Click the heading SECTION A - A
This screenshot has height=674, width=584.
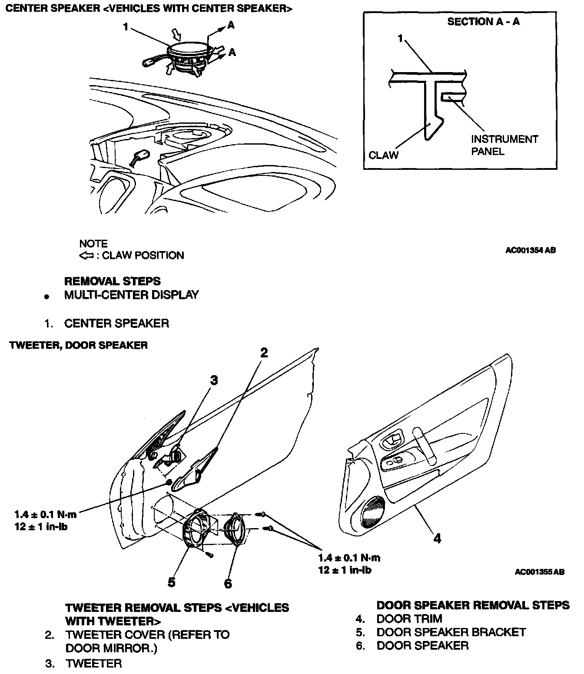pos(483,22)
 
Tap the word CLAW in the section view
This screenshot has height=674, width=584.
pos(383,155)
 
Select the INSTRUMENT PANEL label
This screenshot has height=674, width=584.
pos(504,145)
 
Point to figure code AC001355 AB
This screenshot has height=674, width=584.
pos(539,572)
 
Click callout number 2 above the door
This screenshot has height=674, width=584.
pos(264,353)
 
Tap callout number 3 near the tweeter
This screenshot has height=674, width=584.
pos(213,380)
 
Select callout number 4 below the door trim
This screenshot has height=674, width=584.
pos(437,539)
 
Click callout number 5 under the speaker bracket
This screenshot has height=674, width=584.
pos(172,582)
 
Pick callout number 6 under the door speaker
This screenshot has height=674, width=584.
pos(228,583)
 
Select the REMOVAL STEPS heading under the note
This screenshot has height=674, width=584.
pos(112,281)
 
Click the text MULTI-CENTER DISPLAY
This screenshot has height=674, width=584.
pos(131,295)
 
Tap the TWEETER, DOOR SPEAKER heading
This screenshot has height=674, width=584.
pos(78,345)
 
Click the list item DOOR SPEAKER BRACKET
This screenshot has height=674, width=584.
pos(451,632)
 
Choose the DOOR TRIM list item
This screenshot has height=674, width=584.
pos(409,618)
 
